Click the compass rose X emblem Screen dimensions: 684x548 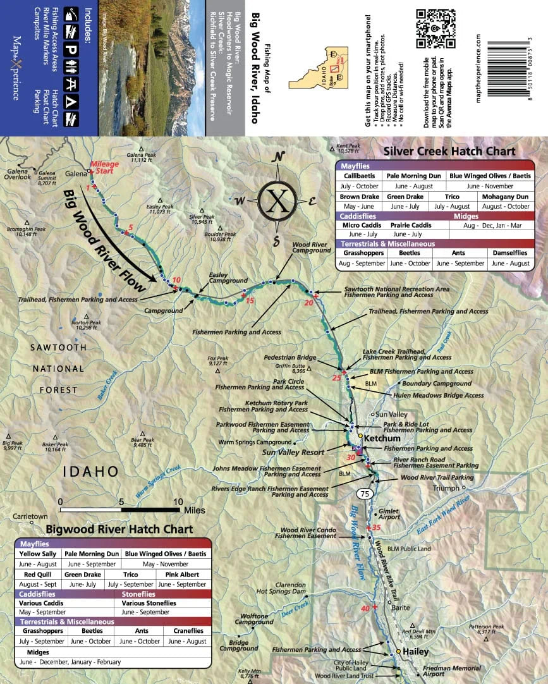pyautogui.click(x=276, y=199)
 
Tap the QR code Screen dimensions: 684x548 pyautogui.click(x=436, y=28)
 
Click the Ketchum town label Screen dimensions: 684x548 pyautogui.click(x=382, y=438)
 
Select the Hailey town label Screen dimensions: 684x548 pyautogui.click(x=416, y=652)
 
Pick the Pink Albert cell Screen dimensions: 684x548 pyautogui.click(x=182, y=575)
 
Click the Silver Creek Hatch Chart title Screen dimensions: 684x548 pyautogui.click(x=450, y=152)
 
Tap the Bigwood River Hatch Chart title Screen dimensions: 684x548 pyautogui.click(x=119, y=529)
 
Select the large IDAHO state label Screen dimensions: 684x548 pyautogui.click(x=91, y=472)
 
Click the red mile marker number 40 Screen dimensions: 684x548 pyautogui.click(x=365, y=608)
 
